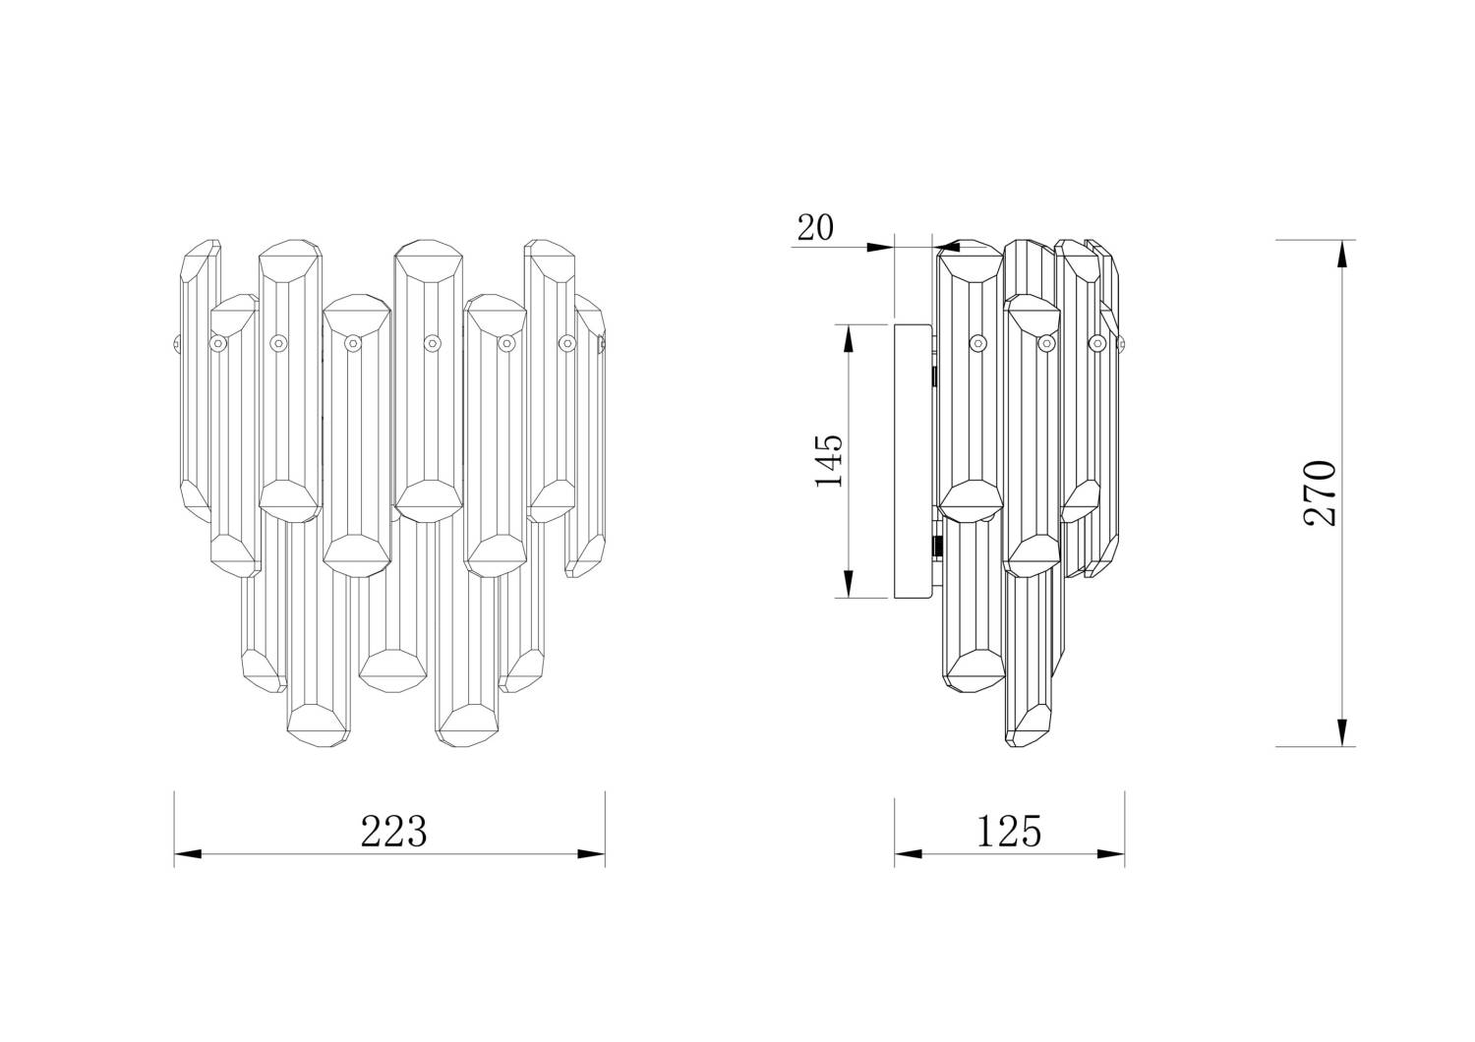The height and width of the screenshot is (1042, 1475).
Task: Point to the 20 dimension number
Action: (815, 228)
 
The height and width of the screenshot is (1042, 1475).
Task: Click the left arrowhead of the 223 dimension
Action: (188, 853)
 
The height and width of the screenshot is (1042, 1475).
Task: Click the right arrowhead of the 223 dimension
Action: (591, 853)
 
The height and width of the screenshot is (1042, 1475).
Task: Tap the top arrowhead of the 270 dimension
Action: (1343, 254)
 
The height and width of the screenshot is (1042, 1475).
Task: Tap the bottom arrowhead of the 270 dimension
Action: (1343, 732)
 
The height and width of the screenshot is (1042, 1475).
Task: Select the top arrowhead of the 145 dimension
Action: (849, 338)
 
